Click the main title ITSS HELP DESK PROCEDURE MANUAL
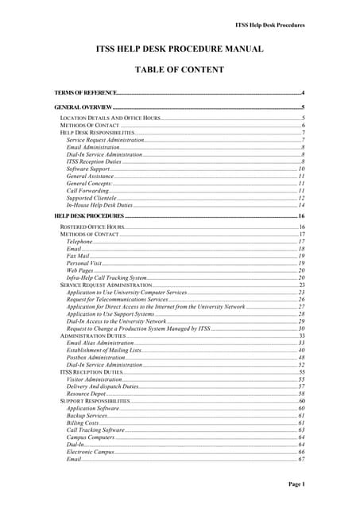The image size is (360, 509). click(x=180, y=49)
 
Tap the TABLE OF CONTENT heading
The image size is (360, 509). click(x=180, y=69)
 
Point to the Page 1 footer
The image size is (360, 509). click(x=296, y=484)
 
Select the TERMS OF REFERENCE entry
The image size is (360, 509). click(x=85, y=93)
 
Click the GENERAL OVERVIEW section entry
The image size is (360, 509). click(x=83, y=106)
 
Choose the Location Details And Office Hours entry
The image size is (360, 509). click(x=110, y=118)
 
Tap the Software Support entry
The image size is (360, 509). click(x=88, y=169)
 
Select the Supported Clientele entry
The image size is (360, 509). click(x=92, y=198)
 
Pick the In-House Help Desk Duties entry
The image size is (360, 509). click(x=99, y=205)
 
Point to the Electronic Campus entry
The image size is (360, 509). click(x=91, y=452)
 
